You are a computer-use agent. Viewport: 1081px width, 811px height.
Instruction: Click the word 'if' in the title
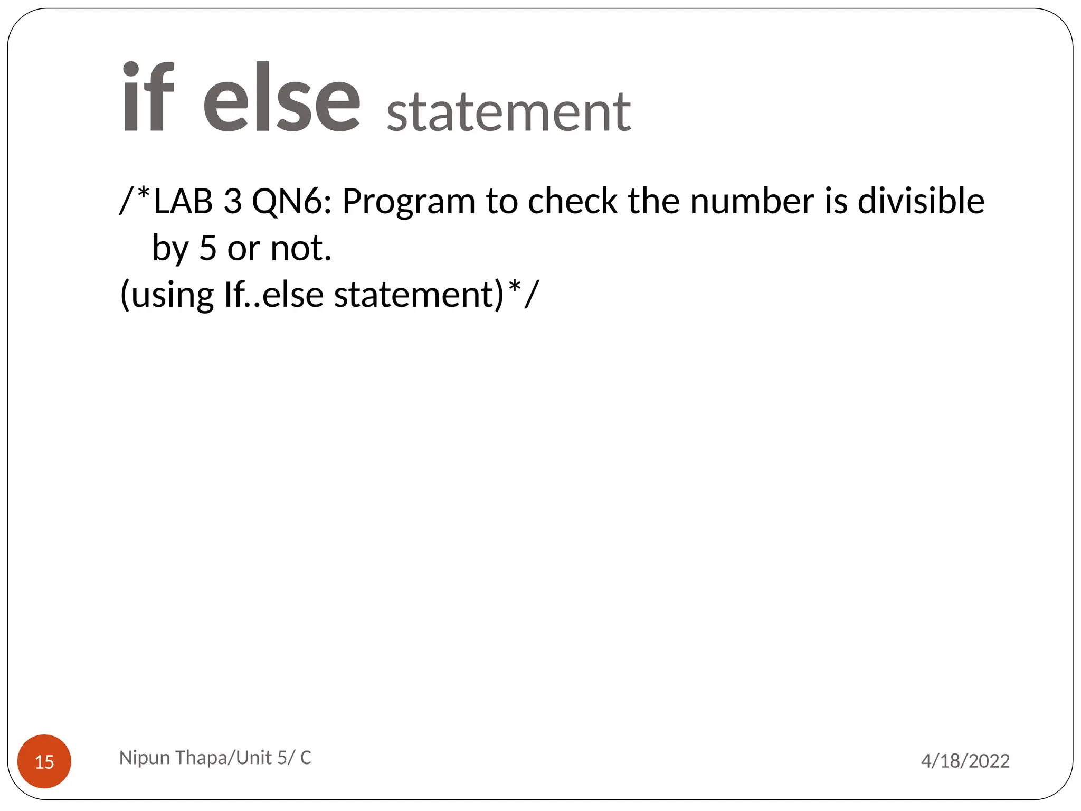coord(148,98)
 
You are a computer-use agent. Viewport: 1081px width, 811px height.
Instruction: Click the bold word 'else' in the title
coord(282,98)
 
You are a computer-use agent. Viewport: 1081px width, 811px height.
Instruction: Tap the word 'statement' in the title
coord(508,112)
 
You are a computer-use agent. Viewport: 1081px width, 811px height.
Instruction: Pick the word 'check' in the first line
coord(572,201)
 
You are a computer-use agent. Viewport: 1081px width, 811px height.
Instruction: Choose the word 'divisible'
coord(921,201)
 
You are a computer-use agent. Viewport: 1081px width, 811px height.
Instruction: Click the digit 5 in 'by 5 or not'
coord(208,248)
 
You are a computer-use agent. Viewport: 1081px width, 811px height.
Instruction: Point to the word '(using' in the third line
coord(167,294)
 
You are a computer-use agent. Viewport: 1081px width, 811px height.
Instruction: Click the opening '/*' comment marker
coord(135,200)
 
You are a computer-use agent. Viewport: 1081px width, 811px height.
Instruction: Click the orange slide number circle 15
coord(44,761)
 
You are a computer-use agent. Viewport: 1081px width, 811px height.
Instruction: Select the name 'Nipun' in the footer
coord(144,758)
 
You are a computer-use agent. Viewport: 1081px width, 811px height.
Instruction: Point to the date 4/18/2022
coord(965,761)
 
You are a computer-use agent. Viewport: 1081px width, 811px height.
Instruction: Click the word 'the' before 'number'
coord(653,201)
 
